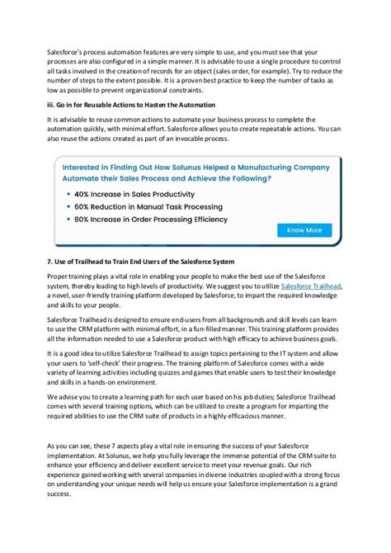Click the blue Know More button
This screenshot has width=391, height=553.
[304, 230]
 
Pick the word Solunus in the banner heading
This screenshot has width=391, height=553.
[181, 163]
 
